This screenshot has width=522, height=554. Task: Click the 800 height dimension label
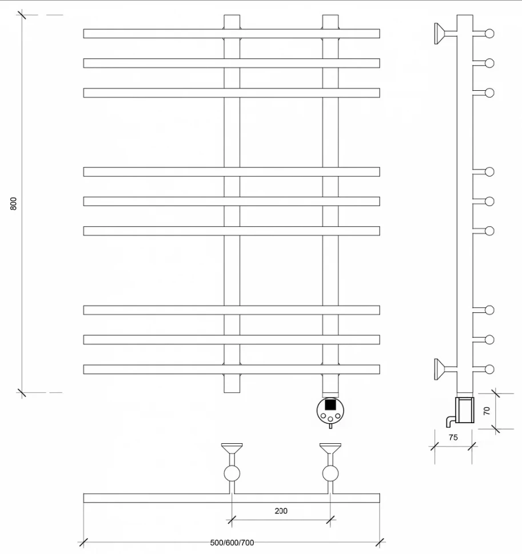coord(14,204)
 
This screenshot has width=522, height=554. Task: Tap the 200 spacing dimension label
coord(281,511)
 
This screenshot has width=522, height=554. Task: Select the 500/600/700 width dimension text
coord(232,543)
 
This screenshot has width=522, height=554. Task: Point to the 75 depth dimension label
coord(453,437)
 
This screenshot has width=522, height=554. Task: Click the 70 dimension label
coord(487,411)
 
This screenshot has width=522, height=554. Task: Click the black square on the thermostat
coord(330,404)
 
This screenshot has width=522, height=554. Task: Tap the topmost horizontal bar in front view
coord(232,34)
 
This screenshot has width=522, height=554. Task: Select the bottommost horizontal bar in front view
coord(232,369)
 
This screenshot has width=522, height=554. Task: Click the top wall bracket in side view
coord(445,34)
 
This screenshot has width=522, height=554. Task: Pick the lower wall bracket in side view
coord(445,369)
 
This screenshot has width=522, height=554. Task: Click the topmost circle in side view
coord(489,34)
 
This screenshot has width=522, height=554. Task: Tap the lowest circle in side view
coord(489,369)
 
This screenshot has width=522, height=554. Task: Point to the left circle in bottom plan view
coord(232,473)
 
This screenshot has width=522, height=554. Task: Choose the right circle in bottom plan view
coord(330,473)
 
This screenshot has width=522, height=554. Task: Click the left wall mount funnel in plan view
coord(232,448)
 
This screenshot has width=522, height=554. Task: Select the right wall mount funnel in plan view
coord(330,448)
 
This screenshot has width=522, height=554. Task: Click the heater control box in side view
coord(464,410)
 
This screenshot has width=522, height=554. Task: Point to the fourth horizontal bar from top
coord(232,172)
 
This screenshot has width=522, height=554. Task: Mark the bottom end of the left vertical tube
coord(232,392)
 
